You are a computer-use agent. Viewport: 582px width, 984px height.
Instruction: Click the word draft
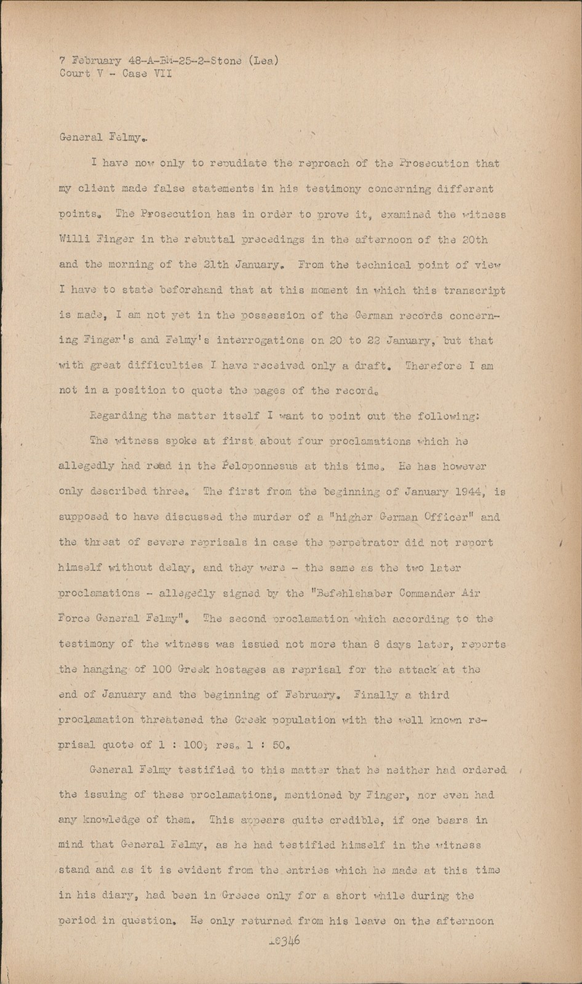pyautogui.click(x=371, y=365)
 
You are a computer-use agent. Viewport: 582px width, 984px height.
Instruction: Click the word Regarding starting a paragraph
pyautogui.click(x=118, y=415)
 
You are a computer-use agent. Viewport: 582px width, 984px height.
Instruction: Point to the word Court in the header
pyautogui.click(x=74, y=73)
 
